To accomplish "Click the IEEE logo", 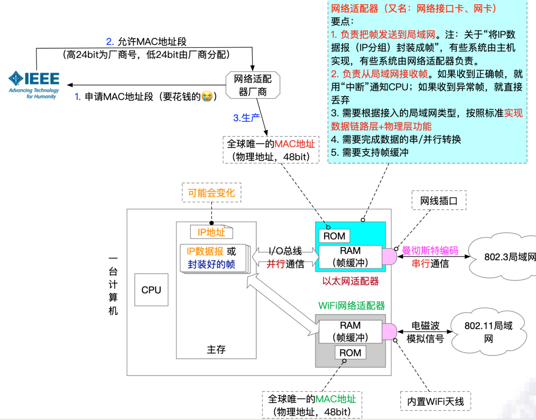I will click(34, 84).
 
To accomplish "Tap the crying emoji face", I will click(207, 96).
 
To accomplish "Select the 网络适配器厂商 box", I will click(252, 85).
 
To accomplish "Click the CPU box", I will click(151, 290).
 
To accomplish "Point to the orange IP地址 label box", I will click(211, 232).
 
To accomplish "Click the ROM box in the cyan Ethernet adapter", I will click(334, 236).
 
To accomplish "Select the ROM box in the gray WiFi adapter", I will click(350, 353).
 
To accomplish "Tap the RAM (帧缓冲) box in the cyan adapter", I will click(350, 257).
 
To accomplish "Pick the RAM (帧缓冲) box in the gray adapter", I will click(350, 331).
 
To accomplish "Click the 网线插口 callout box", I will click(439, 201).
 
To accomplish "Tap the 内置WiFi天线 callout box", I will click(435, 401).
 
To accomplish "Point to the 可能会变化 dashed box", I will click(211, 193).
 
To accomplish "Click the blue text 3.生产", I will click(246, 118).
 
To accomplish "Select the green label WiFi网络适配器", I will click(352, 306).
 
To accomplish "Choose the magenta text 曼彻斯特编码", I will click(430, 250).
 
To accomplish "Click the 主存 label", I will click(216, 349).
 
